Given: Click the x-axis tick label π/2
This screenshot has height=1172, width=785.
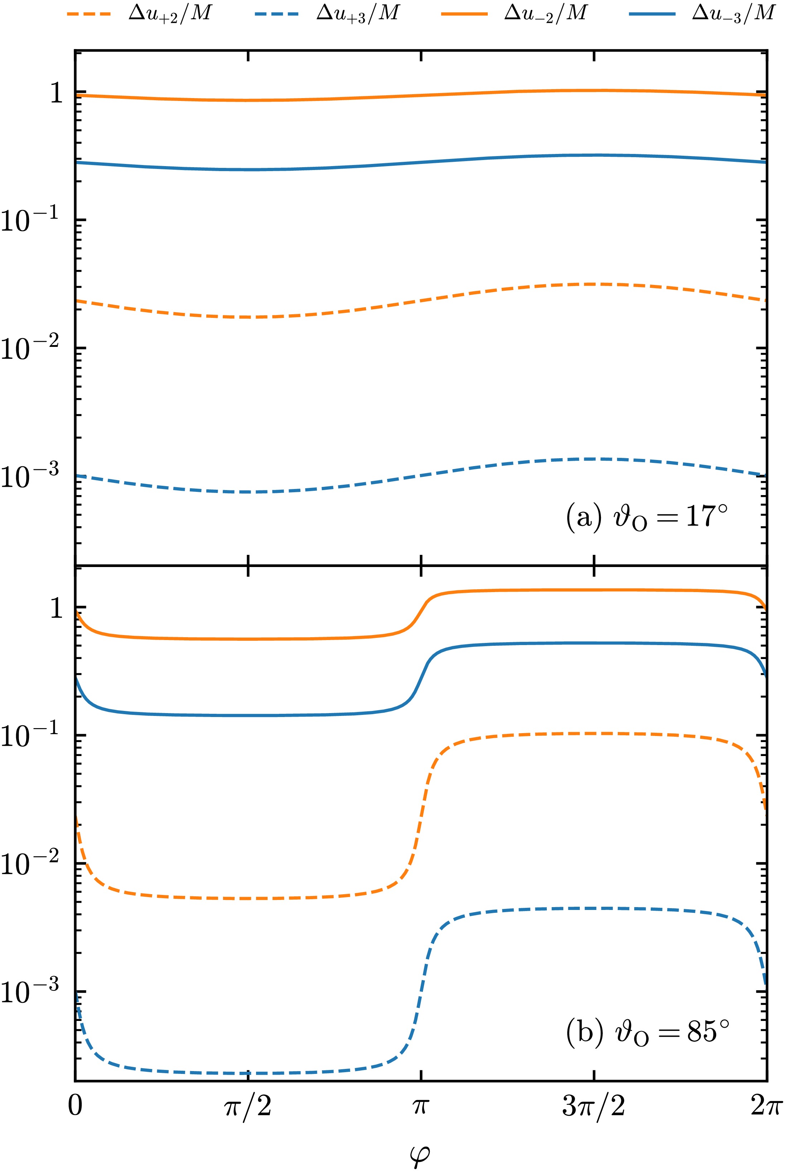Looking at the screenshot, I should pyautogui.click(x=248, y=1106).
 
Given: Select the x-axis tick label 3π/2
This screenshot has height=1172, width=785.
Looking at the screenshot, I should pyautogui.click(x=594, y=1106).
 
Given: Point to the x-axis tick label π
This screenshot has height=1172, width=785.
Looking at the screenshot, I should pyautogui.click(x=420, y=1106).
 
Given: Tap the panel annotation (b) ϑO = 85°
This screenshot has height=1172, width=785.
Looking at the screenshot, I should pyautogui.click(x=647, y=1032).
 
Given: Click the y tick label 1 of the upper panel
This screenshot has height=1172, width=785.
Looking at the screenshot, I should pyautogui.click(x=57, y=93).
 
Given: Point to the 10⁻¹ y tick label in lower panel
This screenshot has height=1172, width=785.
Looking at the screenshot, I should pyautogui.click(x=30, y=737).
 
